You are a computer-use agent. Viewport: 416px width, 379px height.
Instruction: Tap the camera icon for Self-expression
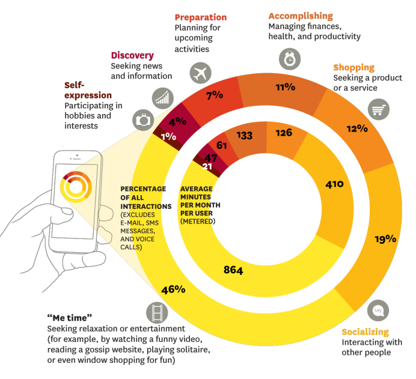(143, 119)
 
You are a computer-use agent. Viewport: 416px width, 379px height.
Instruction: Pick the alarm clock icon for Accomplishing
(289, 59)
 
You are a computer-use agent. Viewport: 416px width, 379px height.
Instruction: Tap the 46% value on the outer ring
(173, 290)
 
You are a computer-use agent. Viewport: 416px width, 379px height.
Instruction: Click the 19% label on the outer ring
(385, 238)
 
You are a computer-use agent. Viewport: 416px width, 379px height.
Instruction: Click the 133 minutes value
(244, 136)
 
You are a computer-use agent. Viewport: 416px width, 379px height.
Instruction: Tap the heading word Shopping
(354, 67)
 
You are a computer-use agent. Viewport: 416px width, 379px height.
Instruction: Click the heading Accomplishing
(301, 16)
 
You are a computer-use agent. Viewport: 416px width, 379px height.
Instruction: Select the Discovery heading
(132, 55)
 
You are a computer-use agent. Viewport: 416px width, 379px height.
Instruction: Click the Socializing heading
(365, 332)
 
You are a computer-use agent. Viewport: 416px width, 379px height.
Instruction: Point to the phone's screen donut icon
(75, 186)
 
